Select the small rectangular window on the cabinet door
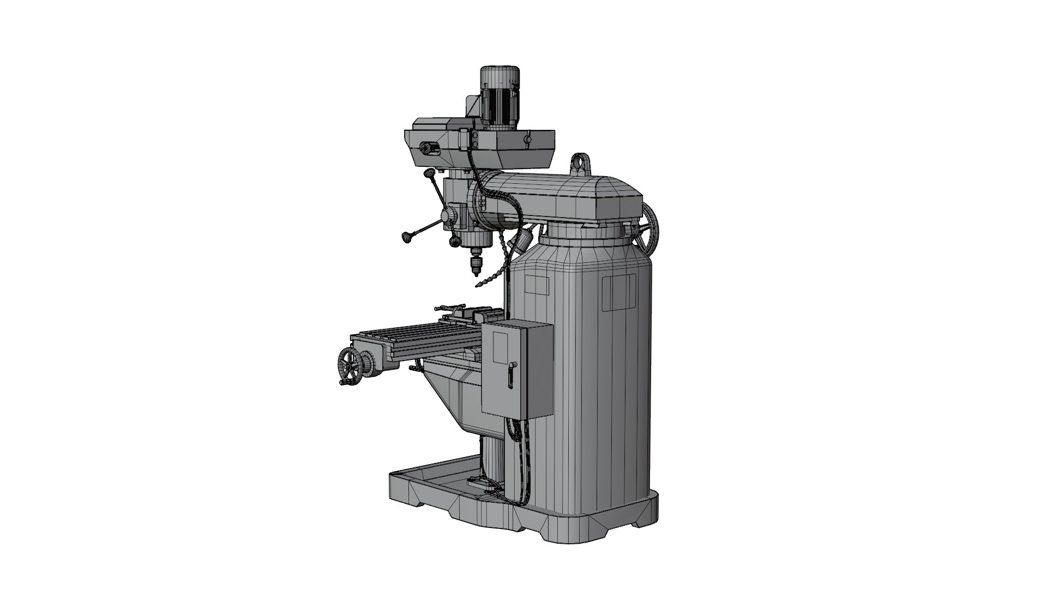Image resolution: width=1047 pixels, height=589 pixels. tap(501, 346)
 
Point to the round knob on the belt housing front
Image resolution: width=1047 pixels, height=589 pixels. tap(426, 148)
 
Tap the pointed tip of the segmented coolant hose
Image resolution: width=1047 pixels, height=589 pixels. tap(478, 287)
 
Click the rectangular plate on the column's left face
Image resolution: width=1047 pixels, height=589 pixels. tap(537, 285)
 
